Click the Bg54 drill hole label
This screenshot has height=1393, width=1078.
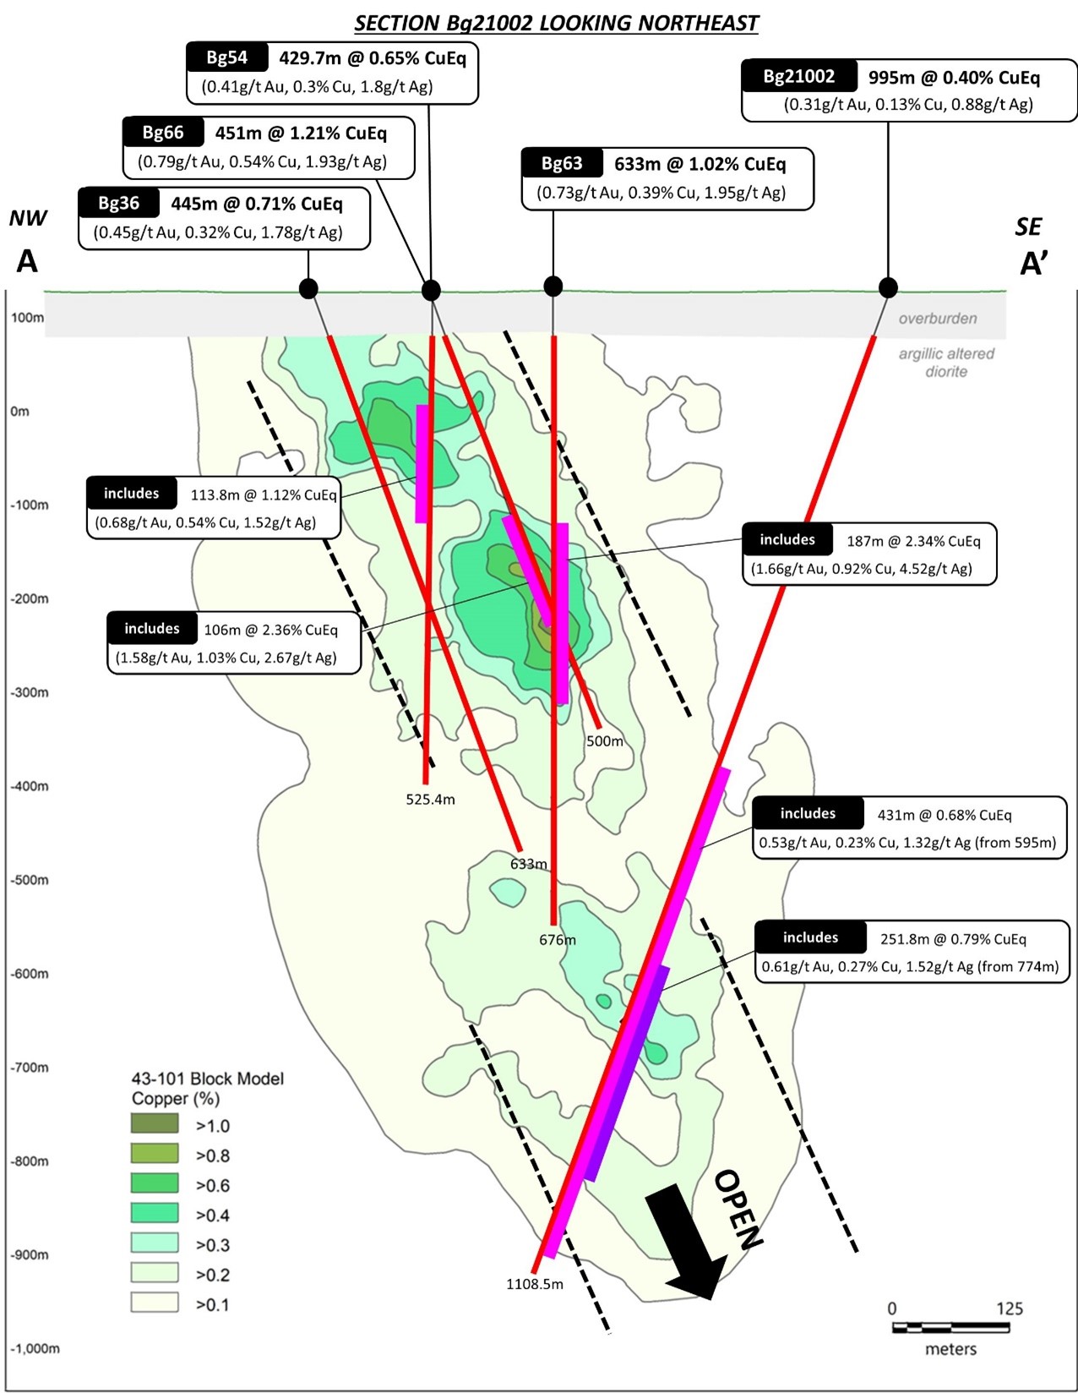pos(227,57)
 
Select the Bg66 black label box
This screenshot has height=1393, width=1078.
pos(163,132)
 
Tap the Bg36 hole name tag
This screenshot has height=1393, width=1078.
pos(119,203)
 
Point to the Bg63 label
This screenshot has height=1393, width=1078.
pos(562,163)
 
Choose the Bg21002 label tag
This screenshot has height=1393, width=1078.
pos(798,76)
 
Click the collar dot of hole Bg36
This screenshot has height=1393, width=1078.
pos(308,289)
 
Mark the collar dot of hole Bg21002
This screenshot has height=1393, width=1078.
pos(888,287)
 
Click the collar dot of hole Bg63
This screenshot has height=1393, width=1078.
pos(553,287)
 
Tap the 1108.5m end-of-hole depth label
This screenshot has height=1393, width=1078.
pos(535,1284)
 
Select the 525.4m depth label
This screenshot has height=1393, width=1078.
pos(430,800)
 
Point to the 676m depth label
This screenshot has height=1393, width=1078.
pos(558,940)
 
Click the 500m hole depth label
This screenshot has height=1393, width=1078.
pos(605,741)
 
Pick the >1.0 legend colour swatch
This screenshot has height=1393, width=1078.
pos(155,1123)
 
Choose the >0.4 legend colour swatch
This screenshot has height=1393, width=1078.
pos(155,1213)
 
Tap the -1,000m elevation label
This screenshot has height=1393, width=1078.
pos(35,1348)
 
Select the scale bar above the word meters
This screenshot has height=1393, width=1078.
pos(950,1327)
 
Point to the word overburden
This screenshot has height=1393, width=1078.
pos(938,319)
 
